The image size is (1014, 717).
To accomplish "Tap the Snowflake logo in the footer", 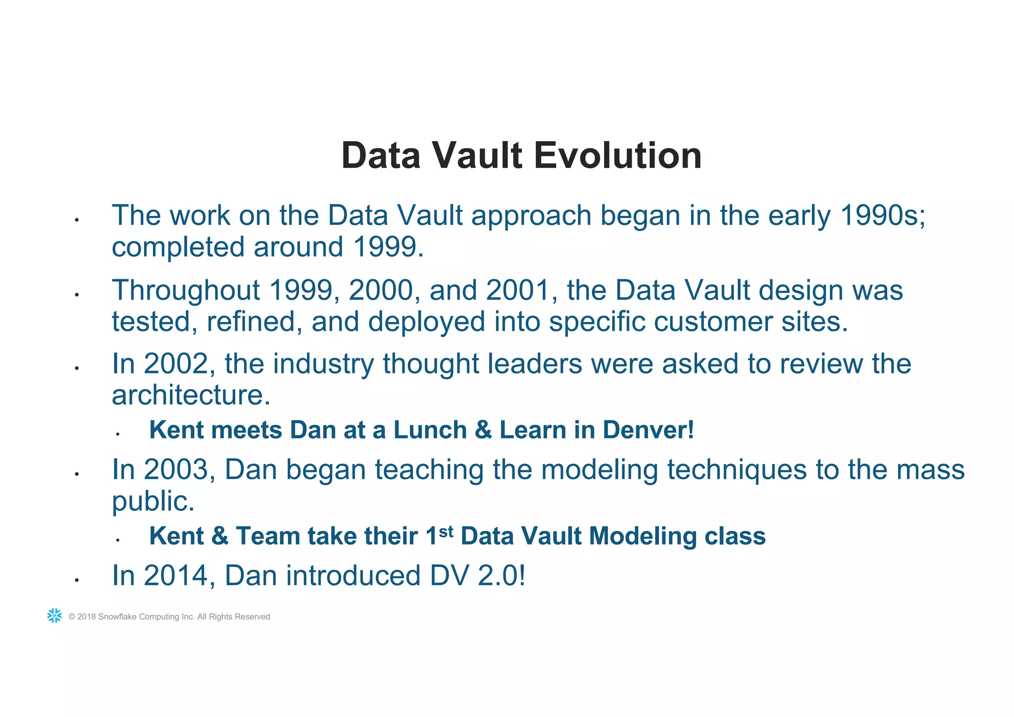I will point(54,615).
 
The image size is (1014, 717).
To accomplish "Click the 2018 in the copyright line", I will point(87,617).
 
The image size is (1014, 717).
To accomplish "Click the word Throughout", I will point(186,291).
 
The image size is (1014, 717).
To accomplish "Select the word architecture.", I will point(191,395).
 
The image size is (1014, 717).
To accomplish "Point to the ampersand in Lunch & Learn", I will point(483,430).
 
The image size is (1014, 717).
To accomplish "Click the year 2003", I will point(176,469).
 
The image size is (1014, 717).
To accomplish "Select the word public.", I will point(153,502).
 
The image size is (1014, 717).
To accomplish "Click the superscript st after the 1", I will point(446,531).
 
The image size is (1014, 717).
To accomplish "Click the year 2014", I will point(176,576).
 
